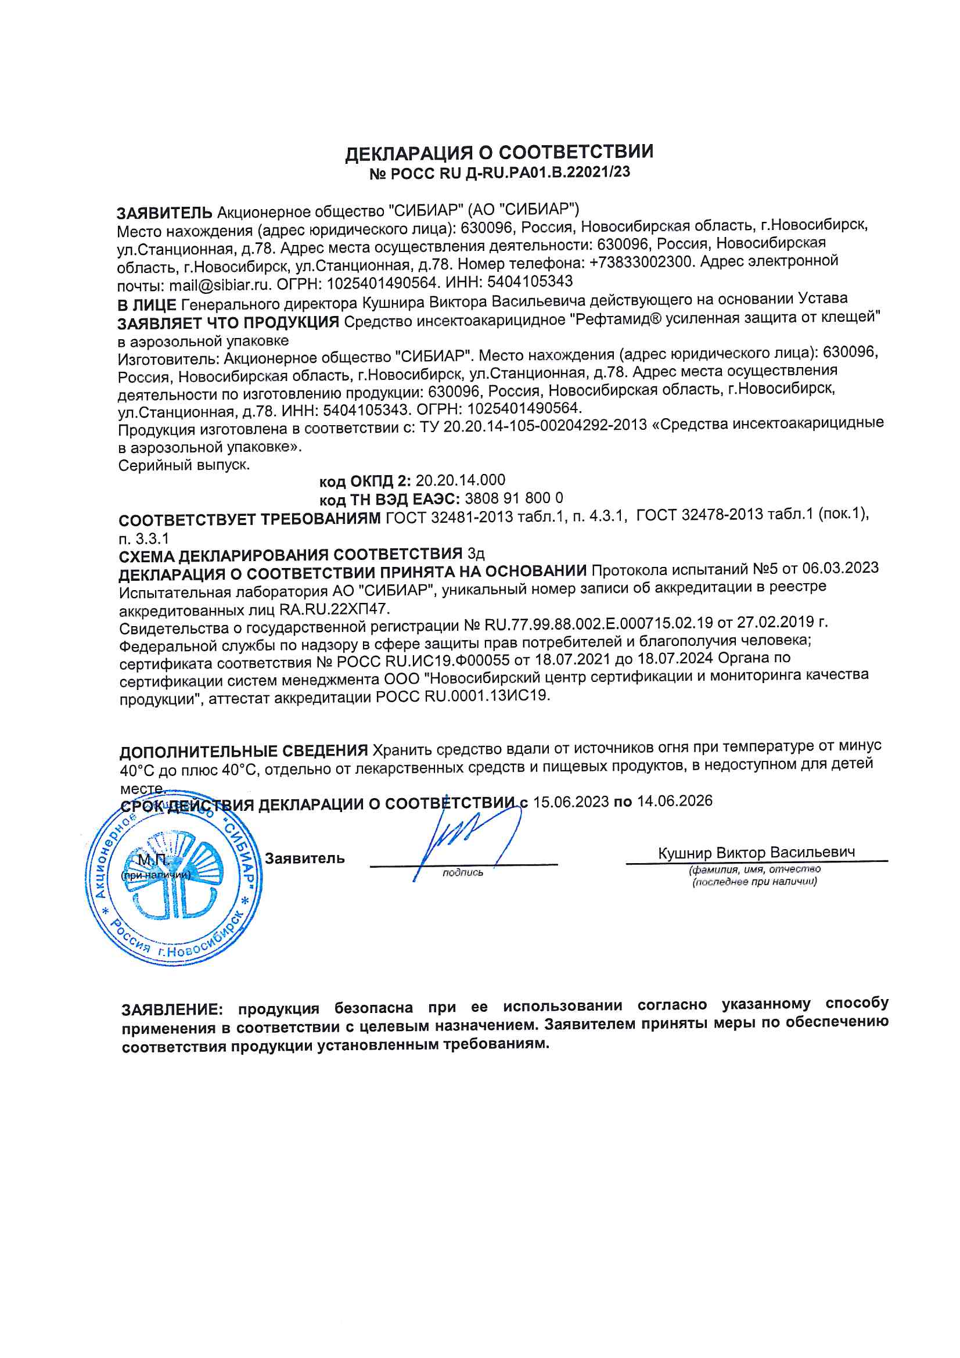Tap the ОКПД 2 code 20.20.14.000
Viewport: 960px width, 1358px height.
(x=460, y=480)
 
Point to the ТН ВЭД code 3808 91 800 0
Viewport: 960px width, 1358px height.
(x=513, y=498)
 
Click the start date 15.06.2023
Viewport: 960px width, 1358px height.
(x=571, y=802)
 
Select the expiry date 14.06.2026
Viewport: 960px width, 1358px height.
(x=674, y=801)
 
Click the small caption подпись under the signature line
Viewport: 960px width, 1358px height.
(x=462, y=872)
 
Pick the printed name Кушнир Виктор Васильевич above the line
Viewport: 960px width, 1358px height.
(x=756, y=852)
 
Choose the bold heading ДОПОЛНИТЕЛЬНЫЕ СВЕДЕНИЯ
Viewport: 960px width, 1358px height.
(x=244, y=751)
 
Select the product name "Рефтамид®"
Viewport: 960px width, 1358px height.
(x=617, y=319)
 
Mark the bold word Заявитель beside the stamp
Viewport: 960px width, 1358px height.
(x=304, y=858)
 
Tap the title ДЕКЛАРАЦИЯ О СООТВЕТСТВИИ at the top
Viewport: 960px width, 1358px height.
(x=499, y=153)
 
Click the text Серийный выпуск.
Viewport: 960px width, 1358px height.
(x=184, y=465)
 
